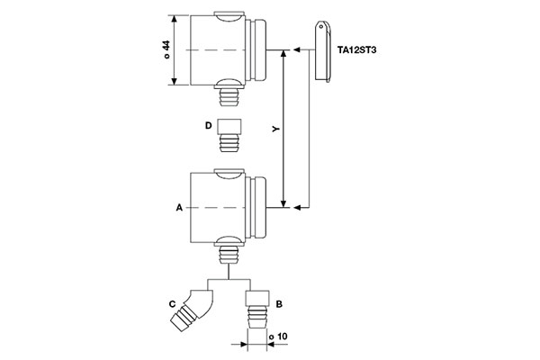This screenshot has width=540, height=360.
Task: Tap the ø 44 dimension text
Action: click(x=166, y=50)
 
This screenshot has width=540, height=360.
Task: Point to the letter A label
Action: click(x=179, y=208)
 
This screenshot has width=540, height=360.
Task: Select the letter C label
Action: click(x=172, y=305)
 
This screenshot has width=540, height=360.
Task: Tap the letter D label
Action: click(x=207, y=127)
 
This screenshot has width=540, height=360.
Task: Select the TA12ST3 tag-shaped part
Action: click(x=322, y=54)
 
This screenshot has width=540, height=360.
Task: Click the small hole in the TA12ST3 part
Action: click(x=321, y=30)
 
